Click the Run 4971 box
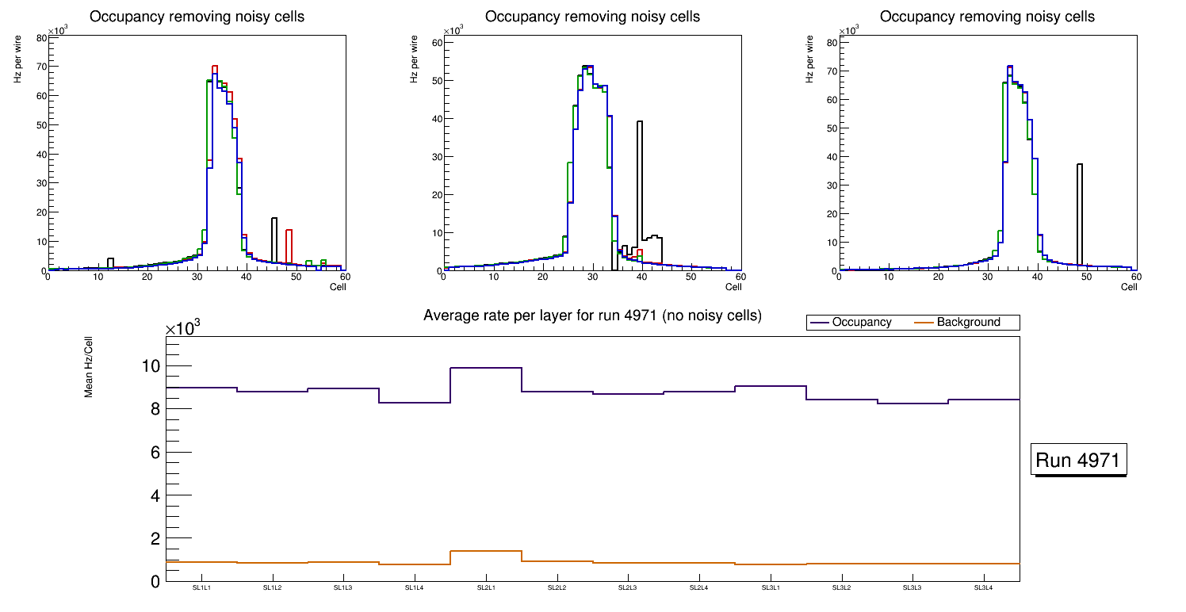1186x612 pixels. (1080, 461)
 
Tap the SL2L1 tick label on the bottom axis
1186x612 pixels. (485, 588)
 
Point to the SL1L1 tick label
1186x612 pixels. (201, 588)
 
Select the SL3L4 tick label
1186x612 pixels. (983, 588)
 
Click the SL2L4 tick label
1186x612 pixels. (698, 588)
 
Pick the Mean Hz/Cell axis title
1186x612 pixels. (90, 370)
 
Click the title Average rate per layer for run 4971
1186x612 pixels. (592, 316)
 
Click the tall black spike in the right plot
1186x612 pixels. (1080, 214)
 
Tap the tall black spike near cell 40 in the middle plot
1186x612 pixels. (640, 182)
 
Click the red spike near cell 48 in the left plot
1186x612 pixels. (289, 246)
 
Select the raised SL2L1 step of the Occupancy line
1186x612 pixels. (485, 368)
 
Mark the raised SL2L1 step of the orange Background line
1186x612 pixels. (485, 550)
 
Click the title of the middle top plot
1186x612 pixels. (592, 17)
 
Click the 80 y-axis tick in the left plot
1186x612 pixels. (41, 37)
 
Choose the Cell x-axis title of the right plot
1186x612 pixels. (1129, 287)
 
